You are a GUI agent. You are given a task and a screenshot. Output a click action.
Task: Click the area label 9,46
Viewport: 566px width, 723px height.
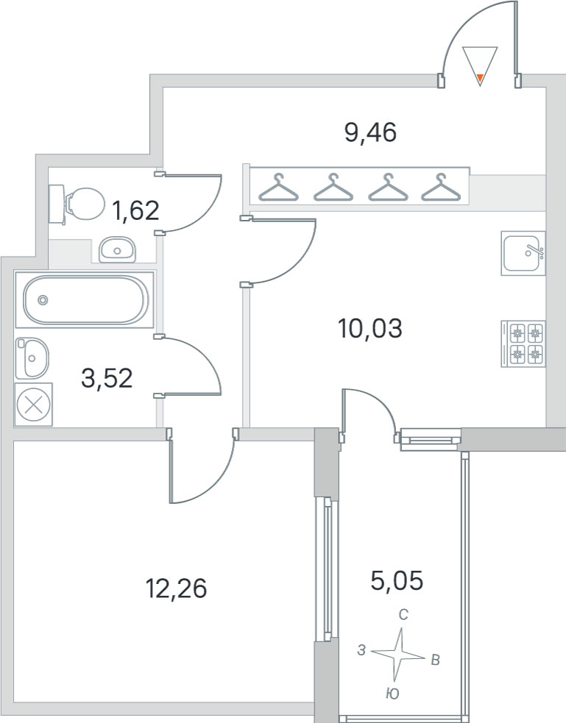point(370,133)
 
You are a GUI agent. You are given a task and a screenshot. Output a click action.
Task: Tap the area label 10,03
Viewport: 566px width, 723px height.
point(370,329)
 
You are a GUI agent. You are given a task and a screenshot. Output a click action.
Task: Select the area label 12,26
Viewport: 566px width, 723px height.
point(176,589)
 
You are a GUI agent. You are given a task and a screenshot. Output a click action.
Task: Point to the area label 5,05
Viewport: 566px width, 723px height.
point(397,580)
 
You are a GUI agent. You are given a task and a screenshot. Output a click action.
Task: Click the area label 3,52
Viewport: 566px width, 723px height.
point(107,379)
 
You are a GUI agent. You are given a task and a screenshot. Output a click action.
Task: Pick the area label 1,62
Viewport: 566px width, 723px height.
point(135,210)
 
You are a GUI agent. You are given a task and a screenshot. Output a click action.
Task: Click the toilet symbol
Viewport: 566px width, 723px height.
point(77,204)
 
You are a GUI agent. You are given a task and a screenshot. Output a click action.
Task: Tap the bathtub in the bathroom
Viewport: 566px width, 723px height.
point(85,299)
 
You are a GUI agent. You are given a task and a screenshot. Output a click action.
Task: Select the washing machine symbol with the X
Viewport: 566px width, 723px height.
point(34,405)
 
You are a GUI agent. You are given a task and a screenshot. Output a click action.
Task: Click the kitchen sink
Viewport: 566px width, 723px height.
point(523,253)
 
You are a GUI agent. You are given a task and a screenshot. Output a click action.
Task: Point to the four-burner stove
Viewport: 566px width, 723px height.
point(523,344)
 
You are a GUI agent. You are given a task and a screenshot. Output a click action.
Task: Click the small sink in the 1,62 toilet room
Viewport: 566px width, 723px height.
point(117,249)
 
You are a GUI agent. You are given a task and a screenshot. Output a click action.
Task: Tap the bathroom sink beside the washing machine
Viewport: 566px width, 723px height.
point(32,357)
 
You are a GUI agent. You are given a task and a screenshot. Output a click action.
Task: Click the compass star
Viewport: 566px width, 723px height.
point(397,655)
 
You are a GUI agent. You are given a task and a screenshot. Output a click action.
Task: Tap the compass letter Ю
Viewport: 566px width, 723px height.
point(392,694)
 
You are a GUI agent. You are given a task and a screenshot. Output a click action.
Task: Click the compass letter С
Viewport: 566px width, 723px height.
point(403,615)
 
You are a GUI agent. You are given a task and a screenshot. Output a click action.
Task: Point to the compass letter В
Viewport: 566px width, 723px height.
point(435,660)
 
